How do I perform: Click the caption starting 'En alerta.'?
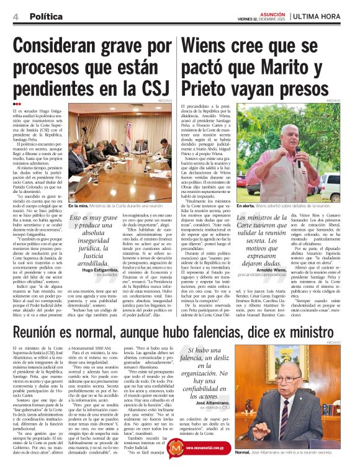click(x=297, y=205)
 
